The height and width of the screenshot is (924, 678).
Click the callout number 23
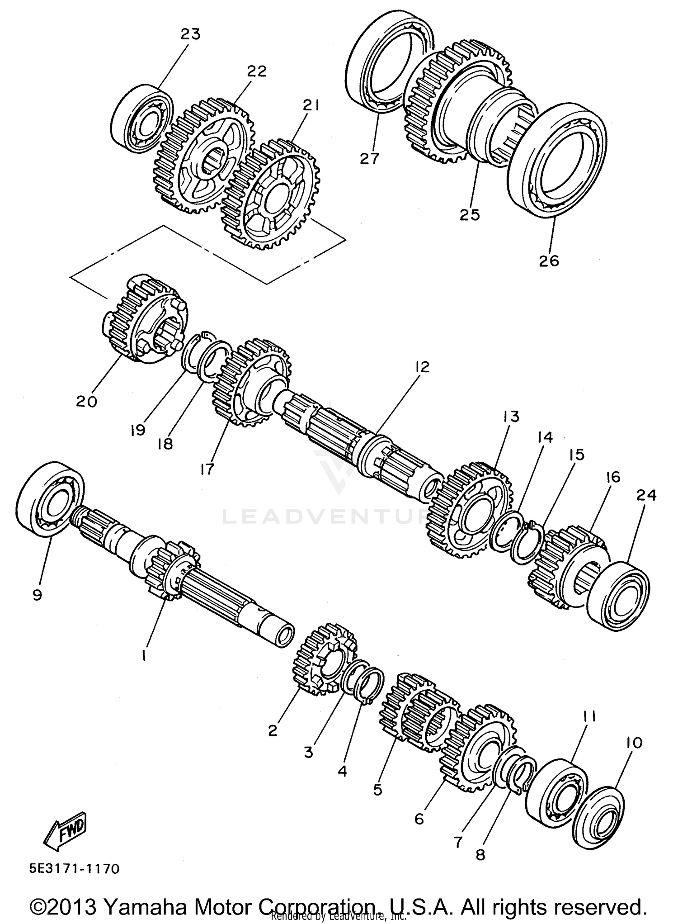(190, 34)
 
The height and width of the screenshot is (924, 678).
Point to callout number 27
(370, 159)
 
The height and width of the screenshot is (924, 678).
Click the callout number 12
(422, 367)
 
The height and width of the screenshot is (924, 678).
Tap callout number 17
(207, 469)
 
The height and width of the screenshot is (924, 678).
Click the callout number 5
(378, 790)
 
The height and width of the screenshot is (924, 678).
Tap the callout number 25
(470, 214)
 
